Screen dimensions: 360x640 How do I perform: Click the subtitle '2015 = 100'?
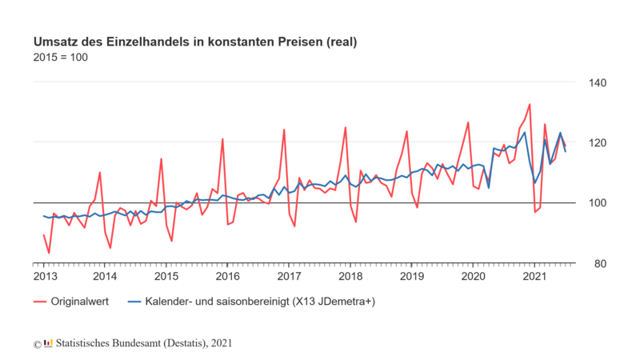tap(60, 58)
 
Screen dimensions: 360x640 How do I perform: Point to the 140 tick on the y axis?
tap(599, 82)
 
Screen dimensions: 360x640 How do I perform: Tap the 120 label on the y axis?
tap(599, 142)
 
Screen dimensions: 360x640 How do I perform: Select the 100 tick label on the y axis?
tap(599, 203)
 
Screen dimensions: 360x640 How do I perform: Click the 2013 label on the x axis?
tap(44, 276)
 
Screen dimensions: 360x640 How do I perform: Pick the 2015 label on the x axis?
tap(166, 276)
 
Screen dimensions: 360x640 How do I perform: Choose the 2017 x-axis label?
tap(289, 276)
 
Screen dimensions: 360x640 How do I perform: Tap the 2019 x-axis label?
tap(411, 276)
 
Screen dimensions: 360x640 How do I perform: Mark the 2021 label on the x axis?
tap(534, 276)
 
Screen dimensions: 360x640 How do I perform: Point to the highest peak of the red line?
tap(530, 104)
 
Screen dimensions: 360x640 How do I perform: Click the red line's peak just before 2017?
tap(284, 130)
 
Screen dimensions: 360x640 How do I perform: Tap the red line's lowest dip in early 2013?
tap(49, 253)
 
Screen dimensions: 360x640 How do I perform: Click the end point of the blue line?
tap(566, 151)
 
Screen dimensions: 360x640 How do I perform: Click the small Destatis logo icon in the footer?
tap(49, 343)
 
